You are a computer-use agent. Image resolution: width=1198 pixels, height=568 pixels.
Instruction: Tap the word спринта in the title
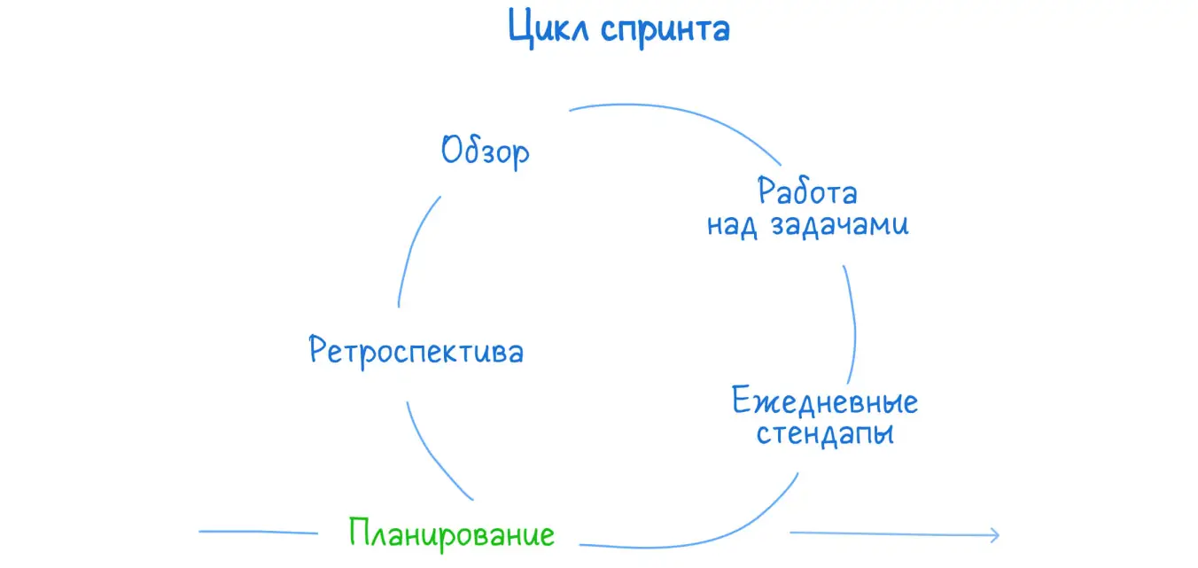coord(665,30)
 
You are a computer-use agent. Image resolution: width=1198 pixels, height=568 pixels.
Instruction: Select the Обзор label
coord(486,151)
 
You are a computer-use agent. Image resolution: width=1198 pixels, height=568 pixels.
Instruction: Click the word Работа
coord(807,191)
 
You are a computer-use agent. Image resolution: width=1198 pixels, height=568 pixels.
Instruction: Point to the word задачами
coord(839,225)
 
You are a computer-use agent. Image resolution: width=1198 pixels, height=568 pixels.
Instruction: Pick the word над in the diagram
coord(732,225)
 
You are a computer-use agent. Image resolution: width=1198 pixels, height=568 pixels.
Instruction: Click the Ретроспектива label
coord(416,351)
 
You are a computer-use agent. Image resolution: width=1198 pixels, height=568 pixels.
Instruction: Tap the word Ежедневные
coord(825,402)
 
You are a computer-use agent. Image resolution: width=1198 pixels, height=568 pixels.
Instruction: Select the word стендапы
coord(825,435)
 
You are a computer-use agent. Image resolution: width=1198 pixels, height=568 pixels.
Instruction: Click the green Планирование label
coord(452,533)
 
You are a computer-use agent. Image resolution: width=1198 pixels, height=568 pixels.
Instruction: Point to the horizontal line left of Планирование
coord(258,533)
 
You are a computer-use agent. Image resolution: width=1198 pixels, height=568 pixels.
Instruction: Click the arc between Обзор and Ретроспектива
coord(414,248)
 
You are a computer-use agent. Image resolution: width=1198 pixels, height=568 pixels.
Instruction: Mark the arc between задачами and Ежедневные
coord(852,323)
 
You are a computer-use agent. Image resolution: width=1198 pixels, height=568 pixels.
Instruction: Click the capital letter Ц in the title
coord(520,28)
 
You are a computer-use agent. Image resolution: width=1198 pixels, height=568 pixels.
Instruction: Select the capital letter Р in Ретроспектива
coord(319,351)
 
